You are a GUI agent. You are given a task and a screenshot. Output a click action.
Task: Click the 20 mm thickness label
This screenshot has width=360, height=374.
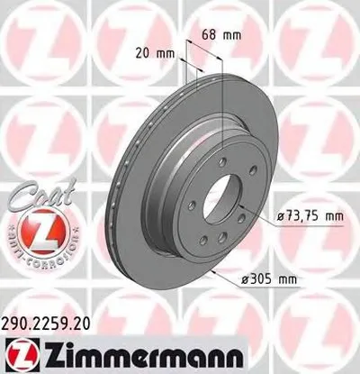[158, 52]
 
